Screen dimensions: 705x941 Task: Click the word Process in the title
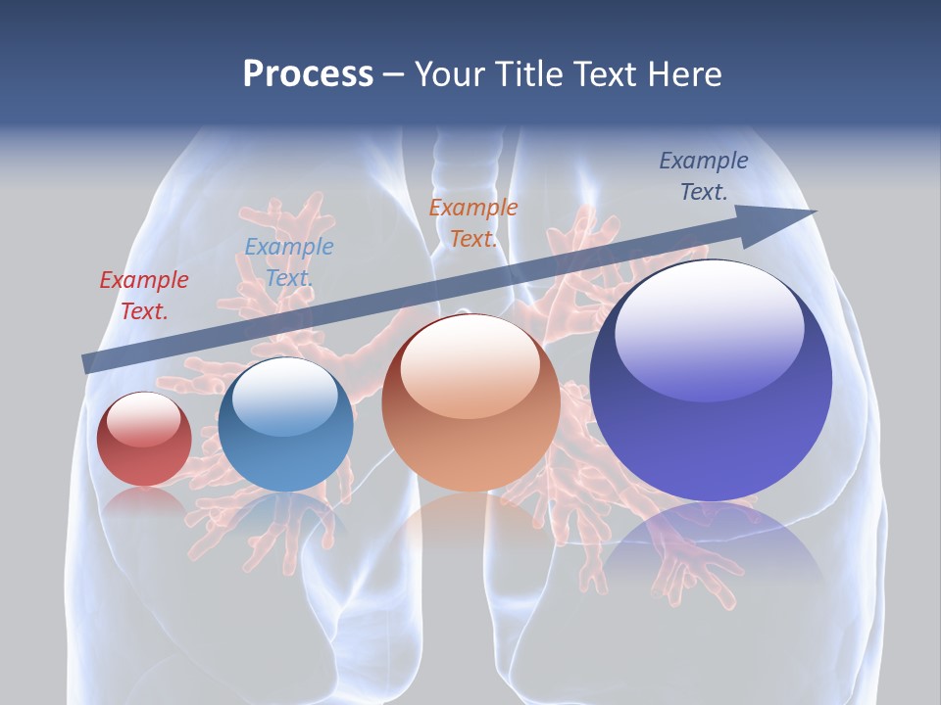308,73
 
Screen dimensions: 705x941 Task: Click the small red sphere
144,440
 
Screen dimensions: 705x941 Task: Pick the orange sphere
470,403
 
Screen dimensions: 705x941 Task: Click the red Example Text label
144,296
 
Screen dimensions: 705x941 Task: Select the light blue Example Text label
289,262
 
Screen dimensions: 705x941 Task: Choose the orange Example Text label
473,222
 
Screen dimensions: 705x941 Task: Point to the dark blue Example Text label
704,176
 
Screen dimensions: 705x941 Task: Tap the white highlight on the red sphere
144,419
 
